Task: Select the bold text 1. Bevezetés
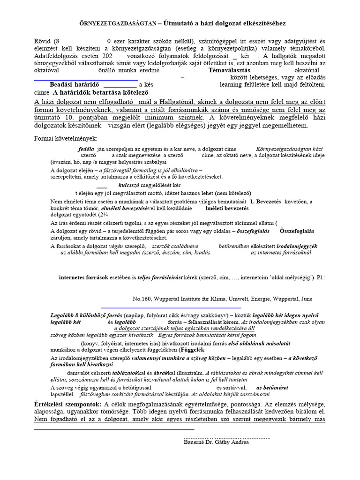[x=265, y=201]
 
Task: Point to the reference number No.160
[x=144, y=299]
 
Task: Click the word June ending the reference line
[x=305, y=299]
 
